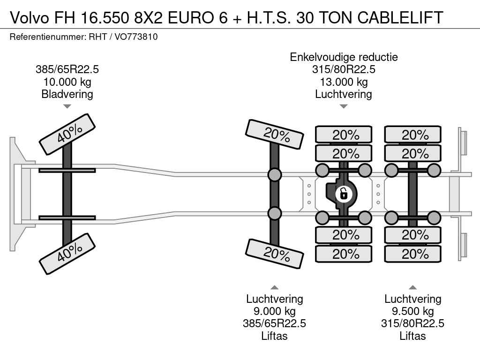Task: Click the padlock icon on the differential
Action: pos(344,193)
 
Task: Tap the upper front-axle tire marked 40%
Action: pos(67,134)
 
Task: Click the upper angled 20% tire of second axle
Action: pos(275,134)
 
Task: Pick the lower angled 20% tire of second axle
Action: pos(275,254)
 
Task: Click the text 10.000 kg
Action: pos(67,82)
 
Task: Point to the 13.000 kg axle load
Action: pos(344,82)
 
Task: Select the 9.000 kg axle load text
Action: pos(275,311)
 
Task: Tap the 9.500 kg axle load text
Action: pos(413,311)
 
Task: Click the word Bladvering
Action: pos(67,94)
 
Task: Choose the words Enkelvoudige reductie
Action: pos(344,57)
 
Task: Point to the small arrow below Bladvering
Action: pos(67,106)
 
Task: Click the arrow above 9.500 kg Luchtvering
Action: pos(413,287)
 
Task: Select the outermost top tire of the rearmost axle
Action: pos(413,135)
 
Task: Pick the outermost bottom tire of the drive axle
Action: pos(344,254)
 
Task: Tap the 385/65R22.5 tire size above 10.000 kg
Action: pos(67,70)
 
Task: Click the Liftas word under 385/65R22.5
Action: pos(275,336)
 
